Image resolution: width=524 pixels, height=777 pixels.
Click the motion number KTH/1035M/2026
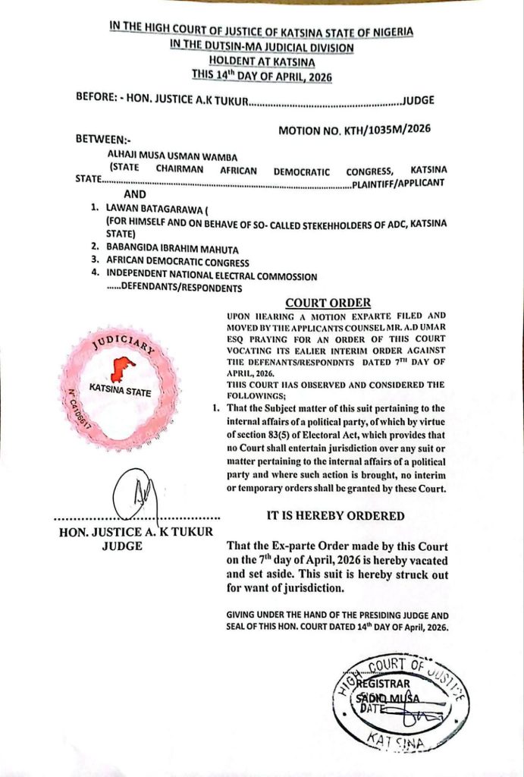[354, 129]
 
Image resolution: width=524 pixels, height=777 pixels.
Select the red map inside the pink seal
[121, 370]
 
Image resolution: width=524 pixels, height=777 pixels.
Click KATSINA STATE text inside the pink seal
[120, 392]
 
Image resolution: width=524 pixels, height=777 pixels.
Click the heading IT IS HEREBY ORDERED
[335, 515]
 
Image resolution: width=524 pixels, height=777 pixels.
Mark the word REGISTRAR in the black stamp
[384, 684]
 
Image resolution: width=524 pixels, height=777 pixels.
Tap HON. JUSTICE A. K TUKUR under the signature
[136, 531]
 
